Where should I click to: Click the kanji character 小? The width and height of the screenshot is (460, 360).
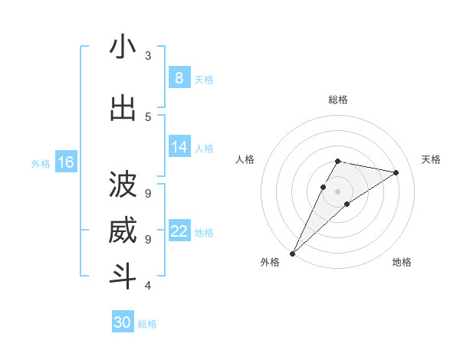123,47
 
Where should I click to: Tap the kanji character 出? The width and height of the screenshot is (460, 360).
123,109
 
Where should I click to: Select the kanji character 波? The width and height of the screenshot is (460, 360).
123,185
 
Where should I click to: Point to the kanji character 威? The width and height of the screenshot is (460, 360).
123,231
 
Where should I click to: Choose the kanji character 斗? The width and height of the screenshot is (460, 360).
123,277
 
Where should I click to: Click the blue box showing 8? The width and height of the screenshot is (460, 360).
179,78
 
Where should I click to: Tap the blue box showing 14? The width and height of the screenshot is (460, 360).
179,147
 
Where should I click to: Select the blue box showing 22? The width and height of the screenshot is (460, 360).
179,231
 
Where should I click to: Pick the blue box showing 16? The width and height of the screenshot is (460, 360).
65,162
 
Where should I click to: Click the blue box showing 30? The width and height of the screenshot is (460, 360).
123,322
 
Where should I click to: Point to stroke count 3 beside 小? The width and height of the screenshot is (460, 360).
148,55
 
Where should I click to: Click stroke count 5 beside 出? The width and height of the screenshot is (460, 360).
148,116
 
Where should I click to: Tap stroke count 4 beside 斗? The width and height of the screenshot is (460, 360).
148,285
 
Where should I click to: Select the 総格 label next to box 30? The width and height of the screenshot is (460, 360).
147,324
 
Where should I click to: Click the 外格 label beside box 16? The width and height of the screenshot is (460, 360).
40,163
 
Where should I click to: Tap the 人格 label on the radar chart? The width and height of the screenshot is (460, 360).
245,159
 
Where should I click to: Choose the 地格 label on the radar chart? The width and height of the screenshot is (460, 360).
402,262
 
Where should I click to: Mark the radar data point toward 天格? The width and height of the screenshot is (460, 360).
396,172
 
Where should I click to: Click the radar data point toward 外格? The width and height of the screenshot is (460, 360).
292,253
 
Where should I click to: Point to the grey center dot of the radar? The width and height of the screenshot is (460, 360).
337,191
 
